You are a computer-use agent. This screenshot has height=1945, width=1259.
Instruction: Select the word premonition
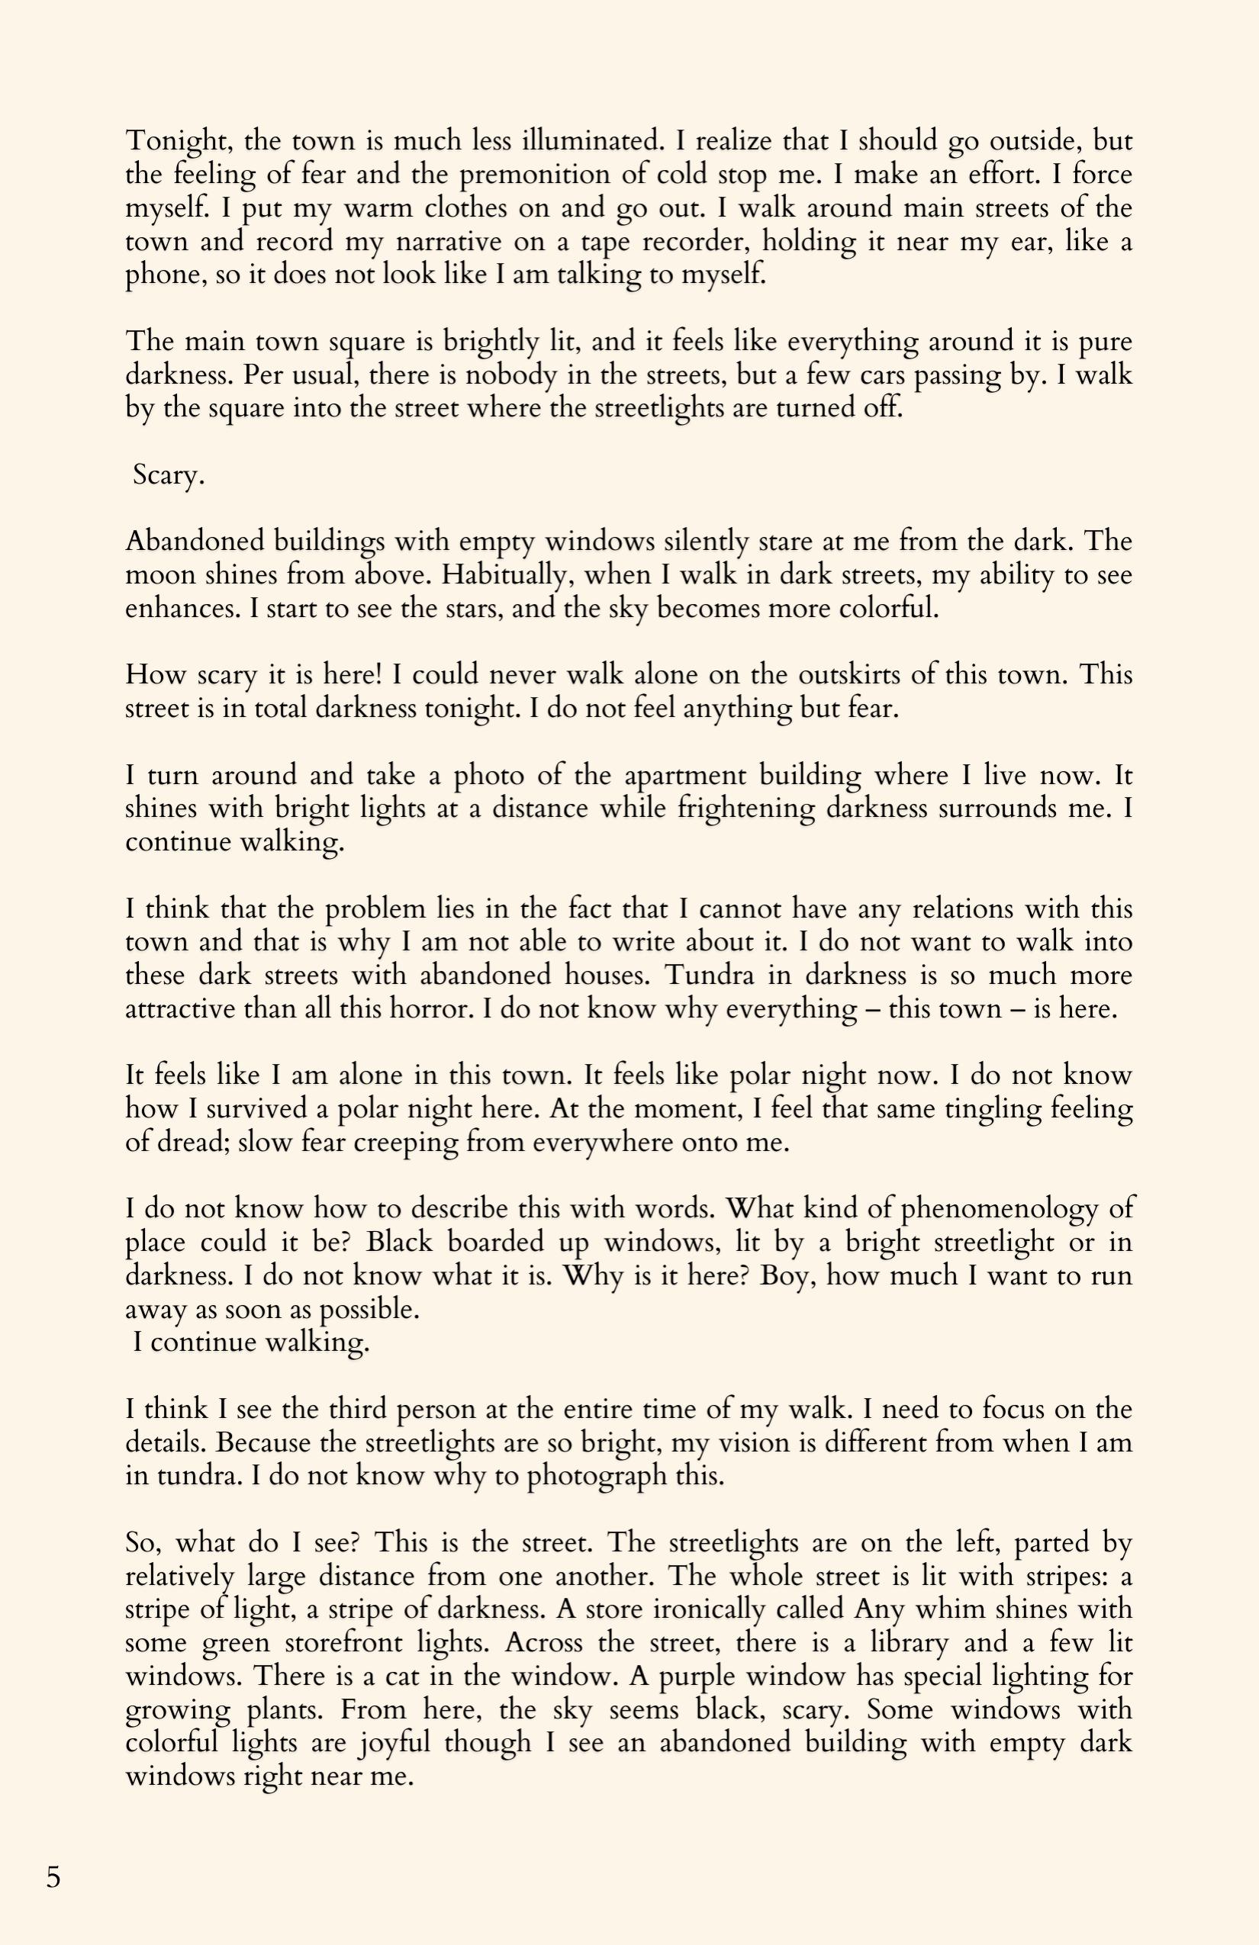553,175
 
